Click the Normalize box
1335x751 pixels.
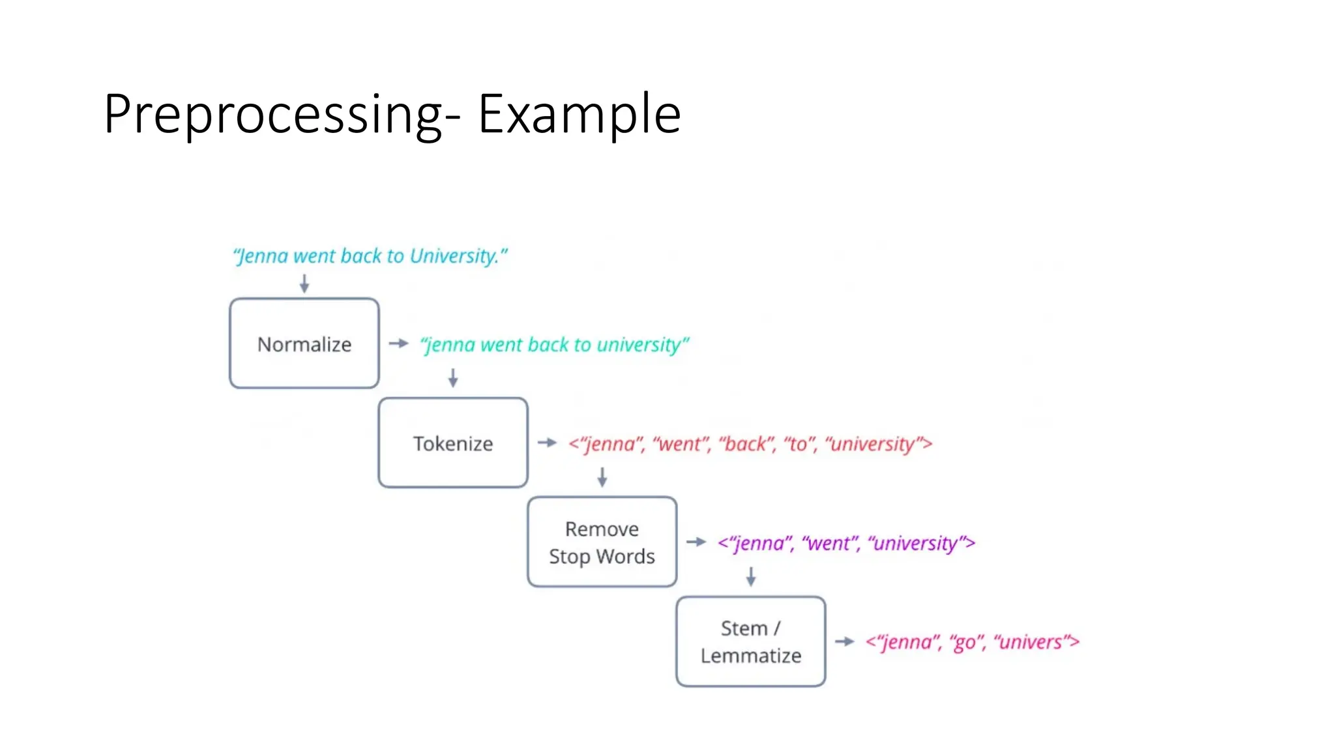(x=304, y=344)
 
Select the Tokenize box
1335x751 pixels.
(x=453, y=443)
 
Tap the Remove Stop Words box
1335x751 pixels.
(x=602, y=542)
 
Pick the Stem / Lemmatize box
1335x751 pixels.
(x=750, y=641)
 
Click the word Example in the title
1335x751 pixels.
(x=579, y=115)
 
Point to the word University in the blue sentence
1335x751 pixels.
(x=454, y=256)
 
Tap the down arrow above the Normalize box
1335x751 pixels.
(x=304, y=283)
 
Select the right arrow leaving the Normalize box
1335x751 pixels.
(x=398, y=343)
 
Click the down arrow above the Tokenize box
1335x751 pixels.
(x=453, y=377)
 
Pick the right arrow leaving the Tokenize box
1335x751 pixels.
(x=548, y=443)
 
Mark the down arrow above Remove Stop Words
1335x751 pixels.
(x=602, y=477)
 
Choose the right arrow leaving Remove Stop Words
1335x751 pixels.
(x=696, y=542)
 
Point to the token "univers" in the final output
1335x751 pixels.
(x=1032, y=642)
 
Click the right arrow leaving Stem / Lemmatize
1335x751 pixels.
(x=845, y=641)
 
